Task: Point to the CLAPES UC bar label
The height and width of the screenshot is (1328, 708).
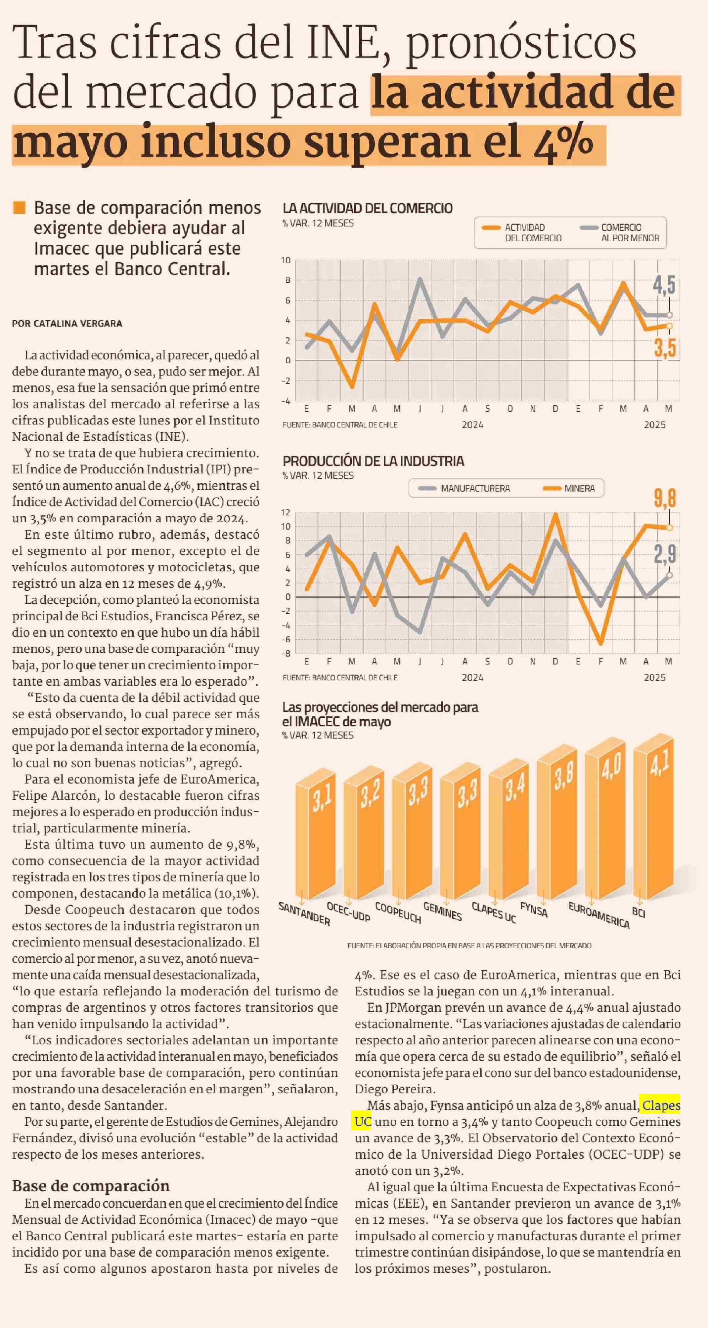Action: pos(494,912)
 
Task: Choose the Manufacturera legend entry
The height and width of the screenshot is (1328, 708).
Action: pos(465,488)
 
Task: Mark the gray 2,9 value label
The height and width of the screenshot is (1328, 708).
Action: pos(665,554)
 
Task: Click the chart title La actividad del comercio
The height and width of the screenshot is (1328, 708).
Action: pos(368,208)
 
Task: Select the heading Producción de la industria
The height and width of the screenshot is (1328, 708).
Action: pos(373,461)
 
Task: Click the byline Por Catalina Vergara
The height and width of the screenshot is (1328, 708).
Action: pos(67,323)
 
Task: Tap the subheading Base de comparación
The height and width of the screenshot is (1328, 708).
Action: pos(91,1186)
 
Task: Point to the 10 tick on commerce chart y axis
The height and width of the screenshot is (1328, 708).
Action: pos(286,260)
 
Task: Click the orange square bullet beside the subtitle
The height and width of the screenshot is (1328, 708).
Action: pos(19,208)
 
